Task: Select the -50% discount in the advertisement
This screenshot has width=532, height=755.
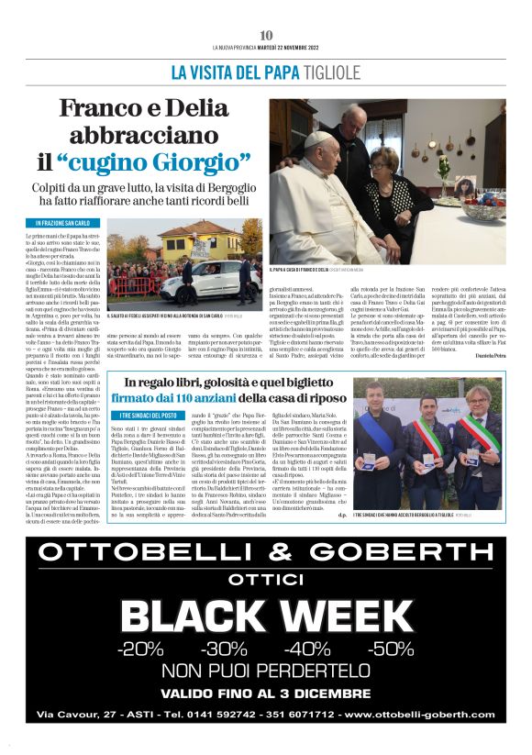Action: pyautogui.click(x=391, y=650)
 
